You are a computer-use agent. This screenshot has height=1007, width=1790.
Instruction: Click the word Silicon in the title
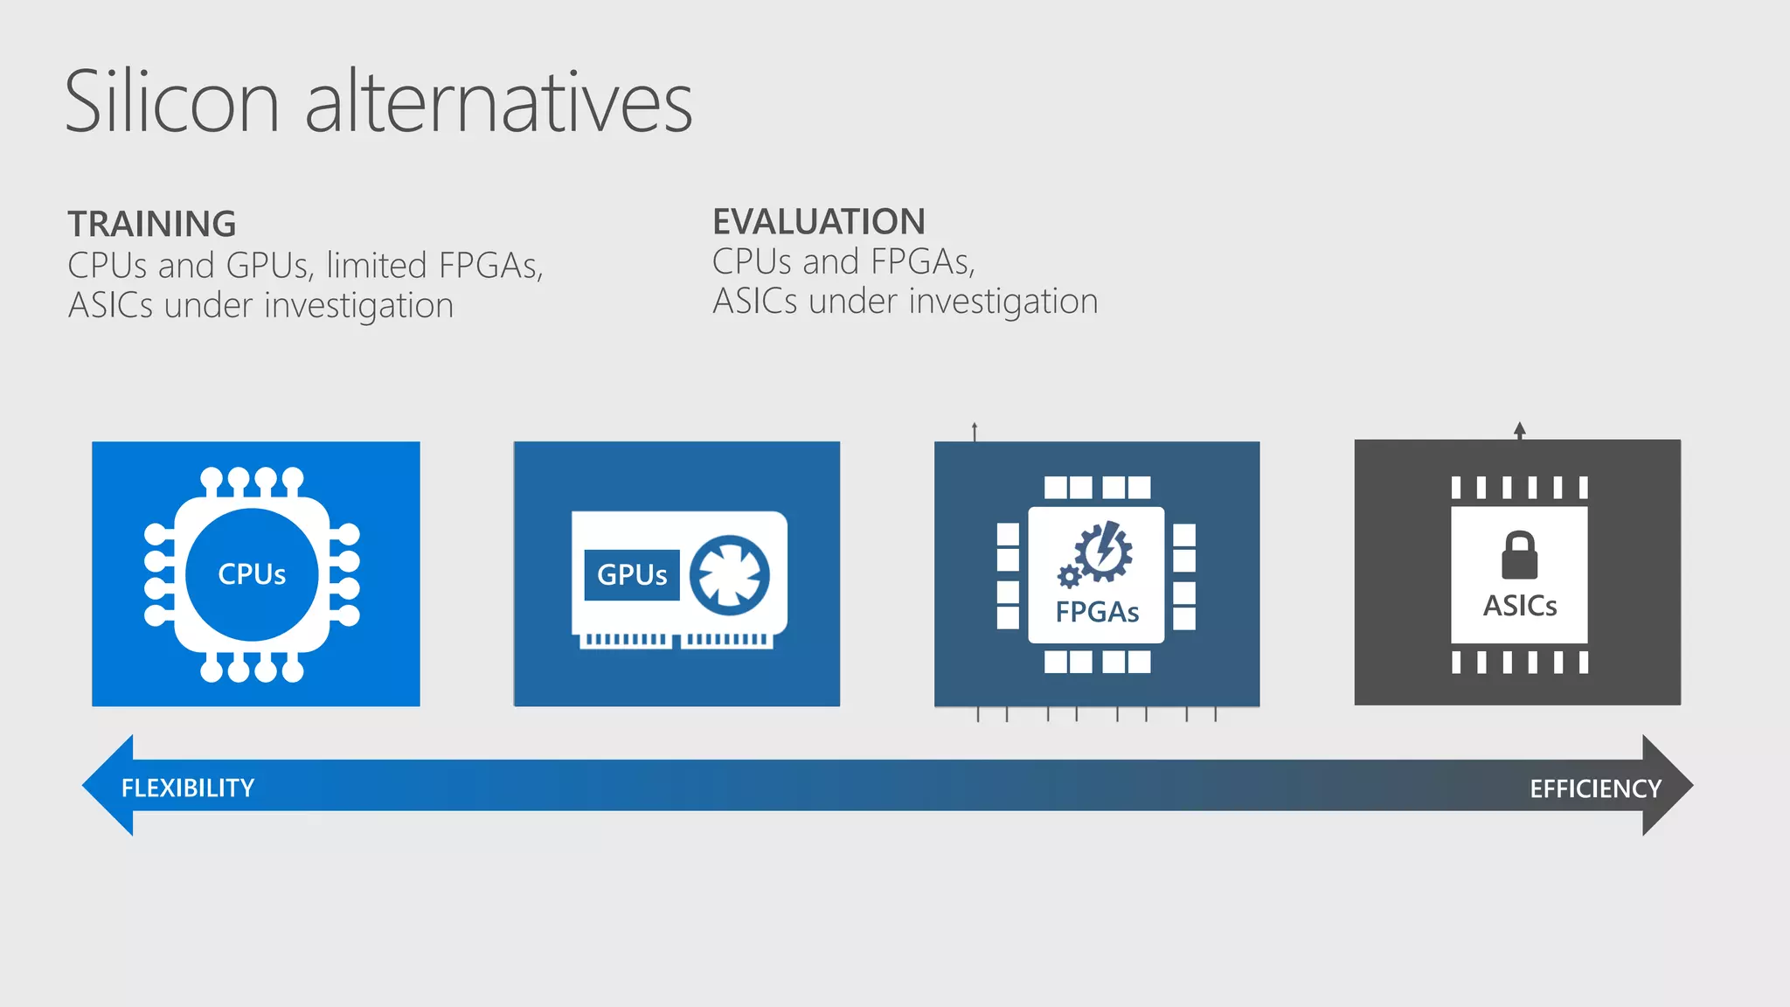(171, 102)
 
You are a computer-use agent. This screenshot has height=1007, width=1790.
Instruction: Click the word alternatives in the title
(498, 102)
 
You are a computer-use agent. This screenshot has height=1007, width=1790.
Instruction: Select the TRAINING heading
(152, 224)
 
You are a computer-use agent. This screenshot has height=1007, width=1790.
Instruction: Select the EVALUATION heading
(818, 221)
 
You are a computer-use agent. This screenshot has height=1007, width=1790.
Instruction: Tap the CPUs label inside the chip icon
(252, 574)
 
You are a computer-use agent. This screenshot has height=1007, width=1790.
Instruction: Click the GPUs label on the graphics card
(631, 574)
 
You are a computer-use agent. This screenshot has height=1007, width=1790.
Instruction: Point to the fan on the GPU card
(729, 575)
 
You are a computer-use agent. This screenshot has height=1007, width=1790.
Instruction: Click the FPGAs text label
(1097, 612)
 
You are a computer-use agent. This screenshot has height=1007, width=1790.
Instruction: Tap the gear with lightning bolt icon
(1104, 552)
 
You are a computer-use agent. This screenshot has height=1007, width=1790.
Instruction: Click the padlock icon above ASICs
(1519, 556)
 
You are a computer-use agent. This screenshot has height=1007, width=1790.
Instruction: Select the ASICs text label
(1519, 605)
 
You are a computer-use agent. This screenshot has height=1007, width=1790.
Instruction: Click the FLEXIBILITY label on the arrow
(188, 788)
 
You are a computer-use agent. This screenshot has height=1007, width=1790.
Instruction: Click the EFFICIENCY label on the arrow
(1594, 788)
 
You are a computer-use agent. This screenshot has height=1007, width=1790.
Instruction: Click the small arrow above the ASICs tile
(1519, 430)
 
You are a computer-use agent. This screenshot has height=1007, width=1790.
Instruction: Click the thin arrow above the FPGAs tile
(975, 431)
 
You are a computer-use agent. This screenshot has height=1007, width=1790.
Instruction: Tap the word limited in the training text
(377, 265)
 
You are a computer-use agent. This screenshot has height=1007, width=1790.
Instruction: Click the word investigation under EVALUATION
(1003, 302)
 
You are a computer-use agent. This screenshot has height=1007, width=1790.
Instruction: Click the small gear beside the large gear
(1068, 577)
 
